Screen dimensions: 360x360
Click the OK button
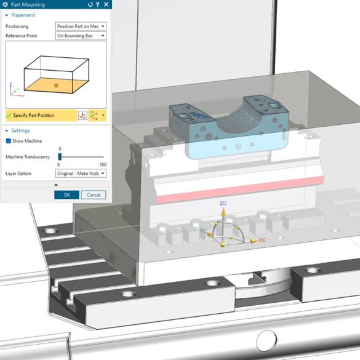click(66, 194)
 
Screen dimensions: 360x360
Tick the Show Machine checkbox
click(9, 141)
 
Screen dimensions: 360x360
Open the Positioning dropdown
click(81, 26)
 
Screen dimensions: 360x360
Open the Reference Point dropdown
click(81, 36)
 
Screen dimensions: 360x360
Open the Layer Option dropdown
click(81, 174)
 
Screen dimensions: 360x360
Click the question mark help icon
click(98, 5)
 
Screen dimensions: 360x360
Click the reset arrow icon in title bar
click(90, 5)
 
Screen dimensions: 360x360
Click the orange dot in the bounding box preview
click(55, 84)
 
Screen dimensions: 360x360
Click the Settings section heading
click(21, 130)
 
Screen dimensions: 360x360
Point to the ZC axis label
click(223, 202)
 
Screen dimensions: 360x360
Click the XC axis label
click(262, 239)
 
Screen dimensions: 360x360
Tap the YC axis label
click(203, 230)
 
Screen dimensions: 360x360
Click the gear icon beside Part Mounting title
click(6, 5)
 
